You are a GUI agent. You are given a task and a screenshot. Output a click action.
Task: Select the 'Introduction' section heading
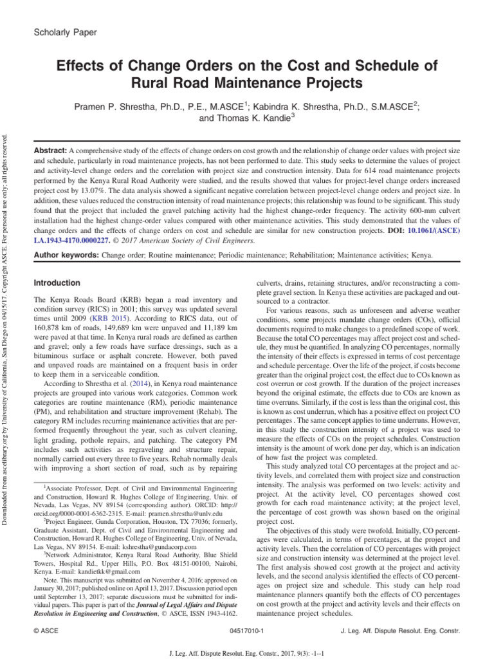(57, 283)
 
